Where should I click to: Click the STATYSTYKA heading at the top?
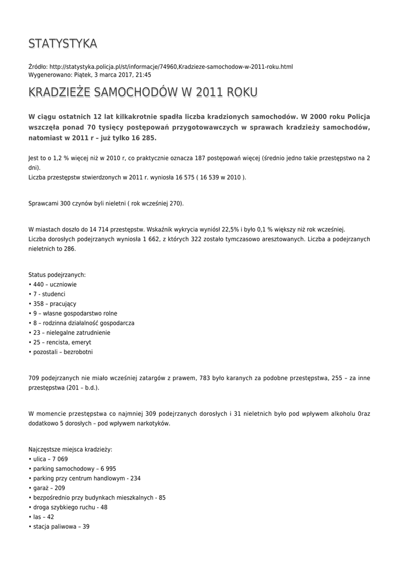point(63,44)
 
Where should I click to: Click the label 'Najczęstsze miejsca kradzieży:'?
point(70,449)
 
